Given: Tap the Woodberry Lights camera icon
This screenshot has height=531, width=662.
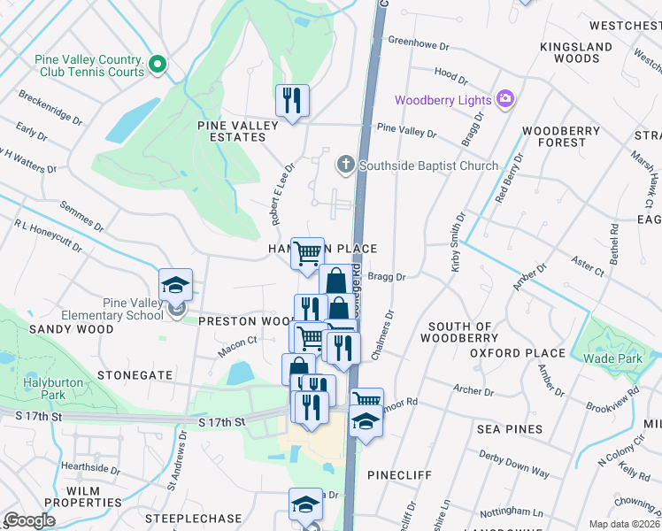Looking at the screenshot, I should [x=505, y=99].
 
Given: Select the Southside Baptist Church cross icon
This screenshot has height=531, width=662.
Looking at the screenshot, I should [x=345, y=165].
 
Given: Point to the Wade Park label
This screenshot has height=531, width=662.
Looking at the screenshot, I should [x=612, y=358].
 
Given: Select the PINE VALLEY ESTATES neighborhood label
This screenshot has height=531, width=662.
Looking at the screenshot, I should [x=237, y=131].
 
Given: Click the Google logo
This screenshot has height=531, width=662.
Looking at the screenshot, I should [x=29, y=520].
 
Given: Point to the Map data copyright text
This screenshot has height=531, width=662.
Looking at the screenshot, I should [x=625, y=524].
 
